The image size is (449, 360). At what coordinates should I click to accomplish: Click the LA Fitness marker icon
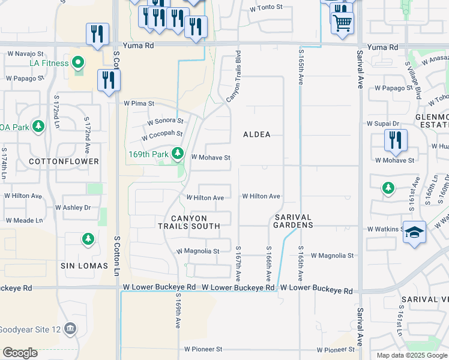(77, 62)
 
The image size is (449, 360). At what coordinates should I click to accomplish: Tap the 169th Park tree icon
(178, 154)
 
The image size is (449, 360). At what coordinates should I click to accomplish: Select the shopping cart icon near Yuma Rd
(342, 23)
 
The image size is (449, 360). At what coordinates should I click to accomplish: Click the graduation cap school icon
(414, 232)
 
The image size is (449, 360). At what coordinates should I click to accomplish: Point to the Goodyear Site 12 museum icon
(71, 329)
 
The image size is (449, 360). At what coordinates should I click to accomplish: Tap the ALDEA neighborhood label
(257, 134)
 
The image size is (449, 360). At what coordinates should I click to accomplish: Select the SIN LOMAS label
(84, 265)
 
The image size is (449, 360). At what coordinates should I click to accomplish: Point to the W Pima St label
(139, 103)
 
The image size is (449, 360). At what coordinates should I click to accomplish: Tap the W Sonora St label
(165, 121)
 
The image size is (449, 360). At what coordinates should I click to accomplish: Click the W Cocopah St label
(162, 136)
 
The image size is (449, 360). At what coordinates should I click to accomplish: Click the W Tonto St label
(266, 8)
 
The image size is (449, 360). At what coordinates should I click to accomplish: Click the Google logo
(20, 353)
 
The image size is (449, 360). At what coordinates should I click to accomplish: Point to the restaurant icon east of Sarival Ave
(396, 140)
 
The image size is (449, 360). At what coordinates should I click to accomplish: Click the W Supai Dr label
(382, 124)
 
